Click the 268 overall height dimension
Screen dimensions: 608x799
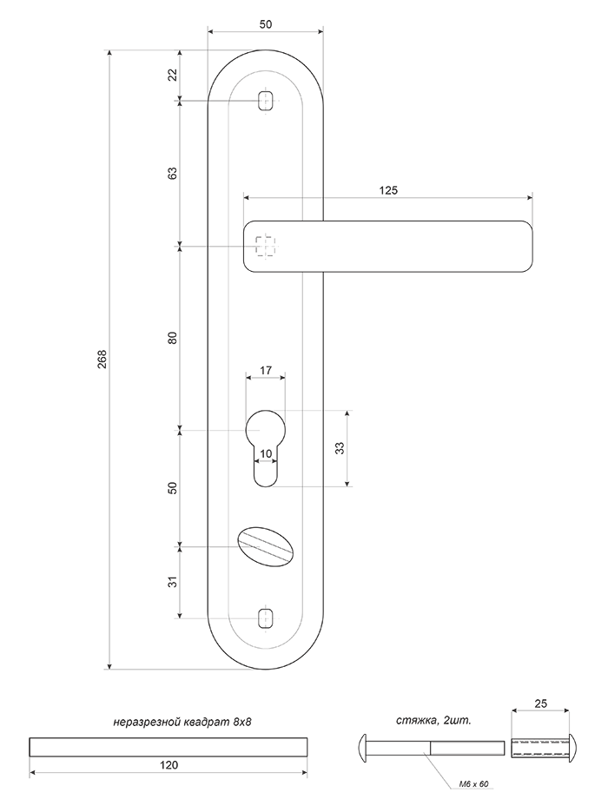(x=102, y=360)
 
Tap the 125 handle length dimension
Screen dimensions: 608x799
(x=388, y=190)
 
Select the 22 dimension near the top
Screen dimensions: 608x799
(x=173, y=75)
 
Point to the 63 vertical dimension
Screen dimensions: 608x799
(x=173, y=173)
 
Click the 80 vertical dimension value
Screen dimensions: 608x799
(x=173, y=337)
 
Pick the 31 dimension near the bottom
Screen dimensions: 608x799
(x=173, y=581)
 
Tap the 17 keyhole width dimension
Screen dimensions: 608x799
(x=266, y=371)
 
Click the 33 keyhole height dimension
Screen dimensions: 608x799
(x=340, y=448)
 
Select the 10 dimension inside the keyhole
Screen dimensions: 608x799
(x=266, y=453)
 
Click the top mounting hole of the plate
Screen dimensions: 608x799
(x=265, y=100)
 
